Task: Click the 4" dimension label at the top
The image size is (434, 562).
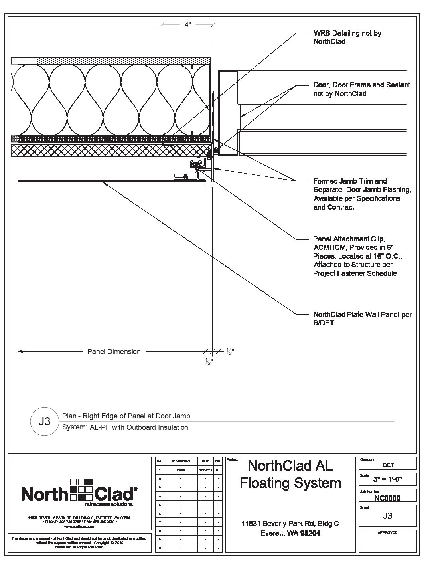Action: point(188,24)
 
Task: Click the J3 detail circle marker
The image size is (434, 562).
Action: point(44,421)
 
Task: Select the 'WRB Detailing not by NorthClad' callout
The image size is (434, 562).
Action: point(347,37)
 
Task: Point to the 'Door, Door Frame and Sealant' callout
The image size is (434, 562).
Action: point(361,89)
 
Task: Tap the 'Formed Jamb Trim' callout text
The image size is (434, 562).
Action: point(361,194)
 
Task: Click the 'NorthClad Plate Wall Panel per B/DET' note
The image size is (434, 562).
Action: point(362,319)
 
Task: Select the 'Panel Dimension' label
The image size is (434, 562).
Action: point(114,352)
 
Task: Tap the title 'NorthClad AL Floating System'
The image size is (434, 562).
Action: point(290,474)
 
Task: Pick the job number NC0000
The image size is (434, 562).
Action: point(387,498)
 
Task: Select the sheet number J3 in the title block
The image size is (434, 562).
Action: point(387,516)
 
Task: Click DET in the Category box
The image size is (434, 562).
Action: point(388,465)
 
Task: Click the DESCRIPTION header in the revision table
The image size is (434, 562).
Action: point(181,461)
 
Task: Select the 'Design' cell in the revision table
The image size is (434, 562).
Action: point(181,470)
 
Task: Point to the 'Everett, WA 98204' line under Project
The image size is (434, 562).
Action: point(290,533)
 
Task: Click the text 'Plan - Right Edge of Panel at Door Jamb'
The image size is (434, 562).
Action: point(126,416)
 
